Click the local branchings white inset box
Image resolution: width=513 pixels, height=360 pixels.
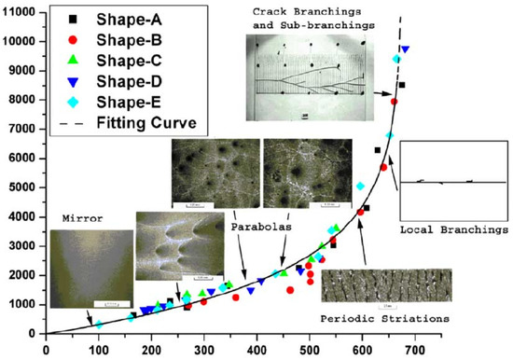tap(452, 182)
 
